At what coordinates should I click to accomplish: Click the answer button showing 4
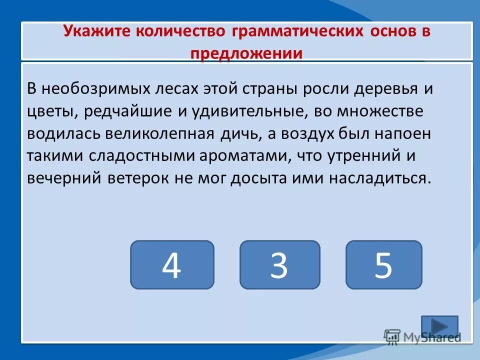pos(172,264)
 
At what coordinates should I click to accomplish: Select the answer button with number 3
pos(279,264)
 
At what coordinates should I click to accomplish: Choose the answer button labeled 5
pos(383,264)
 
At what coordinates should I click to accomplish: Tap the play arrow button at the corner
pos(439,326)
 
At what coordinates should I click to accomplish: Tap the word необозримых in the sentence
pos(95,89)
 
